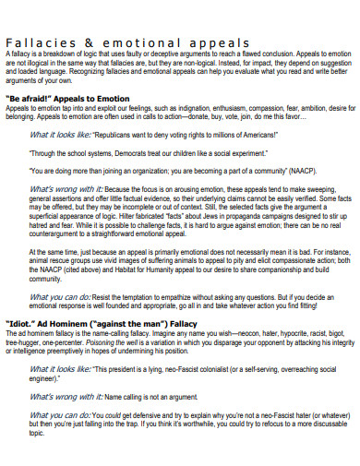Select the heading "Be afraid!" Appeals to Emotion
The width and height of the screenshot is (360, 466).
tap(74, 97)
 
